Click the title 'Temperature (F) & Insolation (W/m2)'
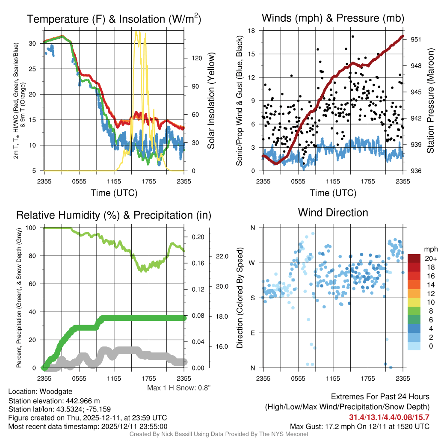(114, 19)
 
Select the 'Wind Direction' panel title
(333, 213)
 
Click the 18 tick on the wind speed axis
(252, 31)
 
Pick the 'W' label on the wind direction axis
(252, 263)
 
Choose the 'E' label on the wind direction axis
(253, 333)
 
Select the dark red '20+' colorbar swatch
(414, 258)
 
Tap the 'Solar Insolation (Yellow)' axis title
(211, 101)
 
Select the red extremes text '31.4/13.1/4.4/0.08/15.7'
(389, 417)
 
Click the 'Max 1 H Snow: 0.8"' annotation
(179, 388)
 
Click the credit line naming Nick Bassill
(219, 434)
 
